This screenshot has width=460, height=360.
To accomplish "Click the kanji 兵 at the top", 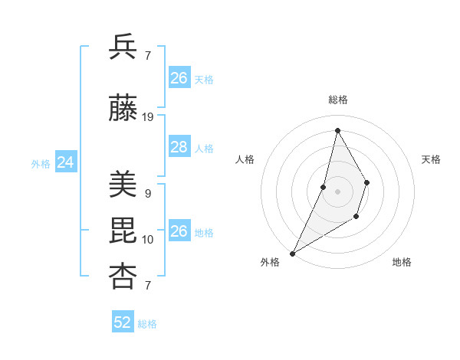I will [123, 48].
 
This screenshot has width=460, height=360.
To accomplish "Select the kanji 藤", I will [123, 109].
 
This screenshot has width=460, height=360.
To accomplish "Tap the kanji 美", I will [123, 184].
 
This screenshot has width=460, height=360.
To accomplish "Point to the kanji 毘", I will [123, 231].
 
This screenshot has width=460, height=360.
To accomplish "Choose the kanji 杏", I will [123, 277].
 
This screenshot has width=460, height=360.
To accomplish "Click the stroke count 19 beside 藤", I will [148, 117].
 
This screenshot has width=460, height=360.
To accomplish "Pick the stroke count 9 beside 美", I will [147, 193].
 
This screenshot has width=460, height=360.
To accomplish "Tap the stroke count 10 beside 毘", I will [148, 240].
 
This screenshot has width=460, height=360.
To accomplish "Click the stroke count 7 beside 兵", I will [147, 55].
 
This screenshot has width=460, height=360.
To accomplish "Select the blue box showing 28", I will [179, 147].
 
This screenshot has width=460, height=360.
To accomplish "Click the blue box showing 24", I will [65, 162].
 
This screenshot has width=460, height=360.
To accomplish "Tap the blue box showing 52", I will [123, 322].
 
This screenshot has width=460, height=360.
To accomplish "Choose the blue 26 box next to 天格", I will [179, 78].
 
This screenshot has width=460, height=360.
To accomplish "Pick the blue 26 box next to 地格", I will [179, 231].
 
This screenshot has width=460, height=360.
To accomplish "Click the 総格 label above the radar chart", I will [337, 100].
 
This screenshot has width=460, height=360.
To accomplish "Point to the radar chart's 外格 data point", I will [292, 253].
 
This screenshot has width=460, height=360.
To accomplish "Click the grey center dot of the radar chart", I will [337, 191].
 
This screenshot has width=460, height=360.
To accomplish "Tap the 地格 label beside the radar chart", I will [402, 262].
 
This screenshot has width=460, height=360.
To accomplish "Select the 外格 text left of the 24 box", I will [41, 163].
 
